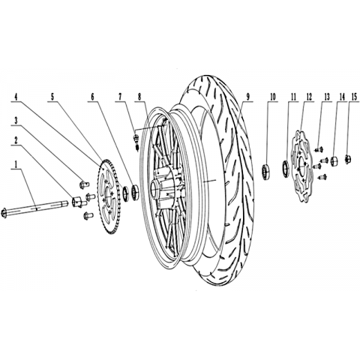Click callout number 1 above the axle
point(16,165)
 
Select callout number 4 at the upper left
point(16,97)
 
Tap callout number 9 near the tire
point(247,97)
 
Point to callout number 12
point(309,97)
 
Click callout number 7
point(120,97)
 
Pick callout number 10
point(272,97)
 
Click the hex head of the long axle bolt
point(4,213)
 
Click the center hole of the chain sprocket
point(109,194)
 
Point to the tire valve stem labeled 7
point(136,141)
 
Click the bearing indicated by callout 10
point(265,171)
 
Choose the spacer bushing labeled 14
point(334,160)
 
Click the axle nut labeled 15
point(348,159)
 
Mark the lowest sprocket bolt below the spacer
point(88,214)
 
